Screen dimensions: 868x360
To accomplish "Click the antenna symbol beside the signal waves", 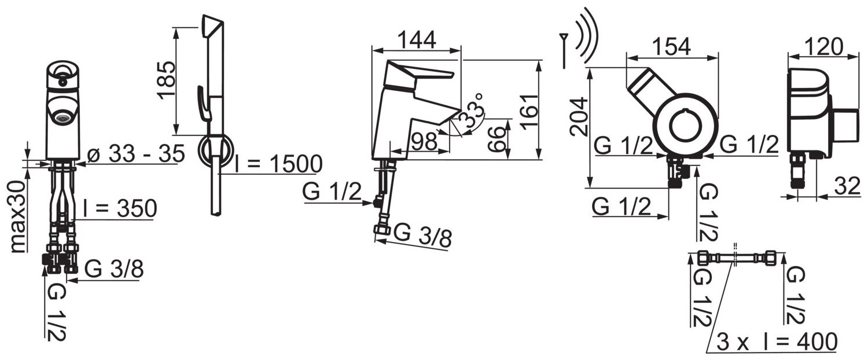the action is tap(563, 50).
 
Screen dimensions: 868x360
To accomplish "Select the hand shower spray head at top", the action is tap(212, 27).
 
